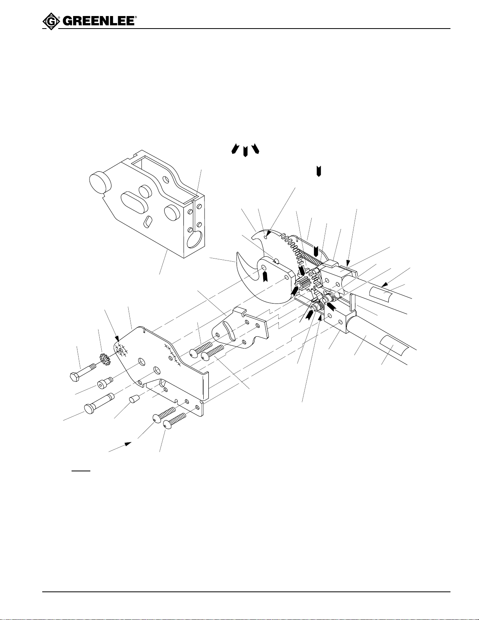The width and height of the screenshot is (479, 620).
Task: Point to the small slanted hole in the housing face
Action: pyautogui.click(x=148, y=222)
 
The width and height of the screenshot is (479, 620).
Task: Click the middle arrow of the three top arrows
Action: pyautogui.click(x=245, y=151)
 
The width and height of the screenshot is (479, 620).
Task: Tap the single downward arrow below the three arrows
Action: pyautogui.click(x=319, y=171)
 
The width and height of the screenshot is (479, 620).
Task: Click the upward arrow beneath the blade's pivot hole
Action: pyautogui.click(x=265, y=276)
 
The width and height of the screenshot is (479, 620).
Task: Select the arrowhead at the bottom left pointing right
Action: pyautogui.click(x=127, y=443)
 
